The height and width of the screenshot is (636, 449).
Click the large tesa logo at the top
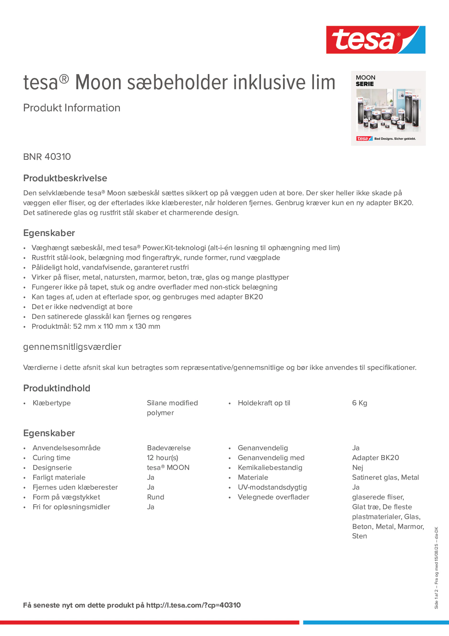tap(375, 40)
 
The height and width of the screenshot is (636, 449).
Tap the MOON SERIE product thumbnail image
tap(388, 108)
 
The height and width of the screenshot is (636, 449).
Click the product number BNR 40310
tap(47, 157)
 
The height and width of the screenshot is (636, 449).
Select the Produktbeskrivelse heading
tap(65, 178)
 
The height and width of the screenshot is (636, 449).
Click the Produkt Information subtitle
tap(72, 108)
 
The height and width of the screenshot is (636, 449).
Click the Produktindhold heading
tap(57, 388)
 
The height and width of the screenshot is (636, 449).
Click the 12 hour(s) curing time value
tap(163, 458)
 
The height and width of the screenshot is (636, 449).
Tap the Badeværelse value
tap(168, 448)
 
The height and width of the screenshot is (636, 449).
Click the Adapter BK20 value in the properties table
tap(375, 458)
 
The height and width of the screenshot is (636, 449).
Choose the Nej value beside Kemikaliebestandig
tap(357, 468)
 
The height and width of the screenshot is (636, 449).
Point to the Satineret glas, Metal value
tap(385, 477)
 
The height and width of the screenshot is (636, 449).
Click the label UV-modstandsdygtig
tap(272, 487)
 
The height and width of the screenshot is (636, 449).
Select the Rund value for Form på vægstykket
tap(156, 497)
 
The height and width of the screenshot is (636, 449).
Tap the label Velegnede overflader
tap(273, 497)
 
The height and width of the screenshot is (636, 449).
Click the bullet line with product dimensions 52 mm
tap(96, 326)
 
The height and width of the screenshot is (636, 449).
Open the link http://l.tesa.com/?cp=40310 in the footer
tap(193, 605)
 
